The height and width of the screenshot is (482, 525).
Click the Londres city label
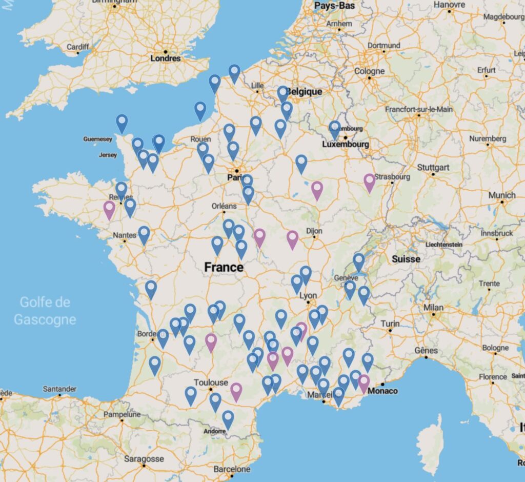[x=166, y=58]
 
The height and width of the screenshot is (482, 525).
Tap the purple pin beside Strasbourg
[x=370, y=182]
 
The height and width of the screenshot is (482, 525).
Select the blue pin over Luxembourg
[x=335, y=129]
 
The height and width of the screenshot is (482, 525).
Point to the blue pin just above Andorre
[x=228, y=419]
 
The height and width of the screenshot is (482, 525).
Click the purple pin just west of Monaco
[x=364, y=383]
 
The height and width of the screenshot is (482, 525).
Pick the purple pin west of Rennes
[x=109, y=209]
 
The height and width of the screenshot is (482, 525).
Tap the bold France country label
[x=224, y=267]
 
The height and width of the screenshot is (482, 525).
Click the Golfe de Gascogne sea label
[x=45, y=311]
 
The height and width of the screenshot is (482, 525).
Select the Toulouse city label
[x=211, y=383]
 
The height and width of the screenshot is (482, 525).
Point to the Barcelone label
[x=232, y=469]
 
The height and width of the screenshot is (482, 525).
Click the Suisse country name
[x=406, y=259]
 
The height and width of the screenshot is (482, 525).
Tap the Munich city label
[x=502, y=195]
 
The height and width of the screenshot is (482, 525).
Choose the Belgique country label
[x=305, y=91]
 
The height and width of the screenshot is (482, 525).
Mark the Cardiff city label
[x=78, y=47]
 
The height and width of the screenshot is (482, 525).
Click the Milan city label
[x=433, y=308]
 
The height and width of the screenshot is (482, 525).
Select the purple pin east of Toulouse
[x=236, y=391]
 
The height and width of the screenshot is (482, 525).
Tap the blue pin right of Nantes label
[x=144, y=234]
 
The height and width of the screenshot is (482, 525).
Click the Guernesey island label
[x=97, y=139]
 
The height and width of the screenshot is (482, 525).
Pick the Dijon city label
[x=314, y=231]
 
